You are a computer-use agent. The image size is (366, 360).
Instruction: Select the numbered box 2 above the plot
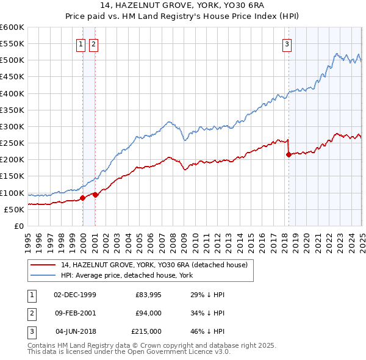click(93, 44)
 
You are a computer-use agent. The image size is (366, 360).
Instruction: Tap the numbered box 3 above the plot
click(287, 44)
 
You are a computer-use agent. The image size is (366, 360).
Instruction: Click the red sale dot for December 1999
click(83, 198)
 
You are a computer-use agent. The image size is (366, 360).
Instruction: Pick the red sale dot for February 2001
click(96, 195)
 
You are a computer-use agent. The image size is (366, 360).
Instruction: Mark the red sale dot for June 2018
click(289, 154)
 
